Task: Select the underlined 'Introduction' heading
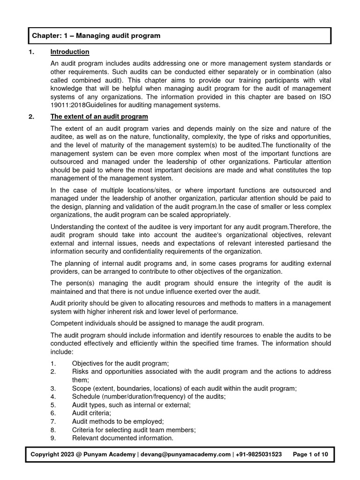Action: [x=69, y=52]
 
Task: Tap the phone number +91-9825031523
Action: [x=260, y=455]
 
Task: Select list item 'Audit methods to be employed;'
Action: [x=111, y=421]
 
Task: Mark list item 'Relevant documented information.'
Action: [x=122, y=438]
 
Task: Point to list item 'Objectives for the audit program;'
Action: [x=120, y=363]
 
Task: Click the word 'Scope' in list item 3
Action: [x=81, y=388]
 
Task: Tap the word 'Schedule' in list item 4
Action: [x=85, y=397]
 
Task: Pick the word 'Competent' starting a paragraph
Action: [x=67, y=323]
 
